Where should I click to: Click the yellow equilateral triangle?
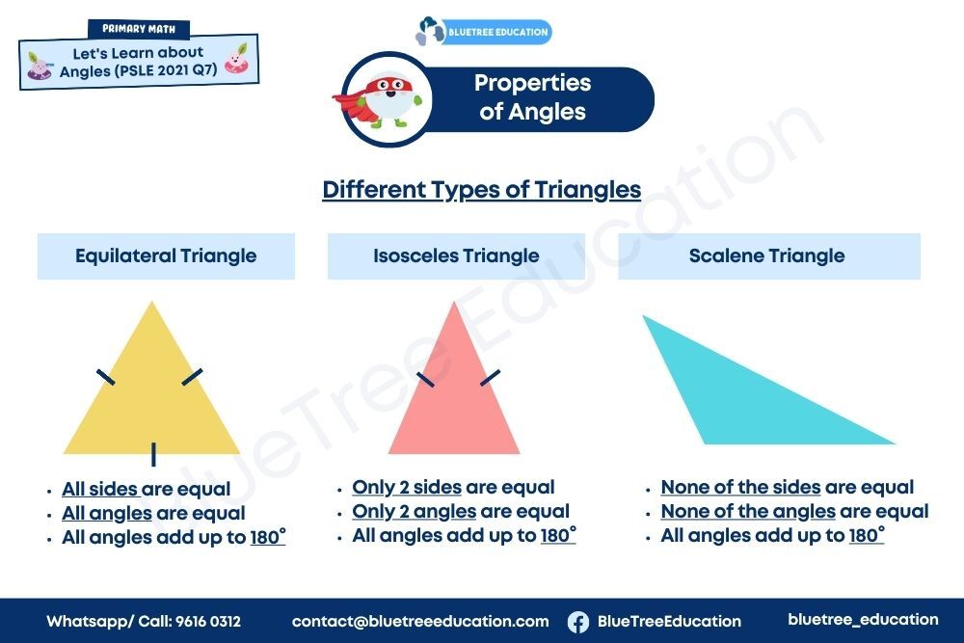(152, 399)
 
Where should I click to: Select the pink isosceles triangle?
(454, 399)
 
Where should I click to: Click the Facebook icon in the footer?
(577, 622)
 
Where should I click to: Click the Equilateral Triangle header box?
(166, 256)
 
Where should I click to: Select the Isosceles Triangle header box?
(456, 256)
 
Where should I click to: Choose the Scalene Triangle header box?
(769, 256)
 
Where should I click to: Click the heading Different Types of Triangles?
(482, 190)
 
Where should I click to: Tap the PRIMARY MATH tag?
(139, 29)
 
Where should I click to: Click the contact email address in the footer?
(420, 622)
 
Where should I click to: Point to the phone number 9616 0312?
(208, 622)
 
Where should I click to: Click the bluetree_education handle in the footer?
(863, 620)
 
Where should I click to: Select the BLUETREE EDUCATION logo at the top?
(484, 32)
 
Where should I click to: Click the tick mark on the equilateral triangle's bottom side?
(153, 454)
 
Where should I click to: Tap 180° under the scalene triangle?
(867, 535)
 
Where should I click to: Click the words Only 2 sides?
(407, 488)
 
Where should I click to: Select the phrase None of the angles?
(748, 512)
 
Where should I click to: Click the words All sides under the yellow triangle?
(99, 490)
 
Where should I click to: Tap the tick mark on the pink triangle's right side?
(490, 378)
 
